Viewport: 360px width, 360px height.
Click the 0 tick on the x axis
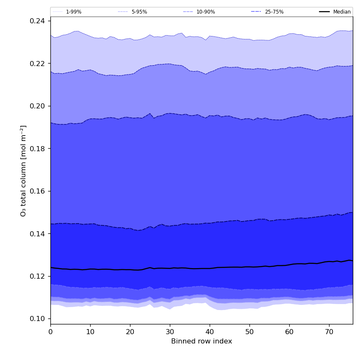pyautogui.click(x=50, y=332)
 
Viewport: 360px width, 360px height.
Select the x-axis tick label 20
pyautogui.click(x=130, y=332)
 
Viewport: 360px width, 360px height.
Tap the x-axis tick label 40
pyautogui.click(x=210, y=332)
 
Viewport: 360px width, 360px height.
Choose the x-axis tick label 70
pyautogui.click(x=329, y=332)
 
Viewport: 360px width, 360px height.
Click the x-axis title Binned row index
pyautogui.click(x=202, y=341)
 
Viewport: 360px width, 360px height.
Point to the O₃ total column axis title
pyautogui.click(x=24, y=171)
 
